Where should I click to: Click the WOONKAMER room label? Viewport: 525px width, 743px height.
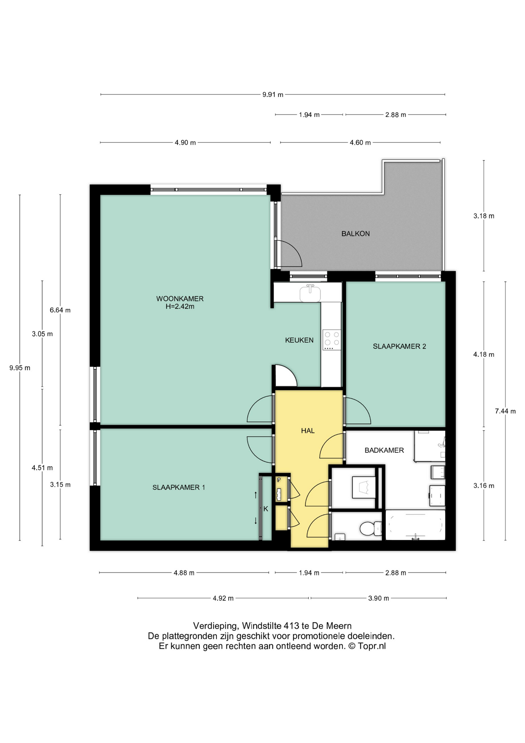180,299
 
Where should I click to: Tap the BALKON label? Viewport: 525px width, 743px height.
355,234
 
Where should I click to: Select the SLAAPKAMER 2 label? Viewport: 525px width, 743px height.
399,346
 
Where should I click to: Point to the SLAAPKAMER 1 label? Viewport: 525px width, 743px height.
179,488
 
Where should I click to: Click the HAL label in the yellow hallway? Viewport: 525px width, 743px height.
308,431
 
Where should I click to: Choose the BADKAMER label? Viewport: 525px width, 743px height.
384,450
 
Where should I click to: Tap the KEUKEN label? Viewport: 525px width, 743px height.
299,340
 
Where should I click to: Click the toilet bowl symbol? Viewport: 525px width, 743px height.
370,529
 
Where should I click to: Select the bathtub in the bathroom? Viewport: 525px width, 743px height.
415,525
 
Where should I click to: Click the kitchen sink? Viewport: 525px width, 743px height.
310,293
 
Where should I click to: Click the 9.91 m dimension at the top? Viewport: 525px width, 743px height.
273,94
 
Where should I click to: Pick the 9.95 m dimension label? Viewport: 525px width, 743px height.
20,368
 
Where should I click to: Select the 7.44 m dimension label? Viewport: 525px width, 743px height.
505,411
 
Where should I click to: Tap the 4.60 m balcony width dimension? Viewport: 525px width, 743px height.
360,143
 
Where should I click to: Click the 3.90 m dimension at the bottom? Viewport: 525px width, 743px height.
378,598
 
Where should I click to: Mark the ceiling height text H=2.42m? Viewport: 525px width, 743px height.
180,306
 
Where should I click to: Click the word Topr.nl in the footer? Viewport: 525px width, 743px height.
372,646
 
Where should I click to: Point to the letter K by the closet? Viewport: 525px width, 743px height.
266,509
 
